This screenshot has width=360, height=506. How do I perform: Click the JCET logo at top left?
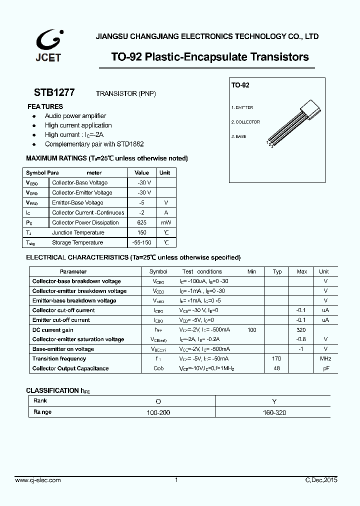tap(48, 45)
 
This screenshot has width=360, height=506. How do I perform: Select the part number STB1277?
tap(54, 92)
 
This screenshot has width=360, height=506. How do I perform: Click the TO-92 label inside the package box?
tap(240, 85)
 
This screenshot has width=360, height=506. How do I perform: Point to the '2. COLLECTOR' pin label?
tap(245, 122)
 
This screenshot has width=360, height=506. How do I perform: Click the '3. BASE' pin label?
tap(238, 136)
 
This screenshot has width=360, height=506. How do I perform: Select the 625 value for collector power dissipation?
tap(141, 222)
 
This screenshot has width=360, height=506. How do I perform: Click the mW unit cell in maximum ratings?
tap(165, 222)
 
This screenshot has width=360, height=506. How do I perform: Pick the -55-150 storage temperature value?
tap(141, 242)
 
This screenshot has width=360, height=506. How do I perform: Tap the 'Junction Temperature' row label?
tap(78, 232)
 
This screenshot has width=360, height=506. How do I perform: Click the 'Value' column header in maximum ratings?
tap(141, 172)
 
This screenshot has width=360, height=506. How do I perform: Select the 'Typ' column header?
tap(277, 271)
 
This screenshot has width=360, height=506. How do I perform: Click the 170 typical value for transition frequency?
tap(276, 358)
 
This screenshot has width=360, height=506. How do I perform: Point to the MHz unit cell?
tap(325, 358)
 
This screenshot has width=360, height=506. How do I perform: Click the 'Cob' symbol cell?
tap(158, 368)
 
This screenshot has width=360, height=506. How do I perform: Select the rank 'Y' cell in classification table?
tap(273, 401)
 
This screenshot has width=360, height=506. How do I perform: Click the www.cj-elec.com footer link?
tap(38, 480)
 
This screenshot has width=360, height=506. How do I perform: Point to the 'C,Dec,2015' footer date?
tap(321, 480)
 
